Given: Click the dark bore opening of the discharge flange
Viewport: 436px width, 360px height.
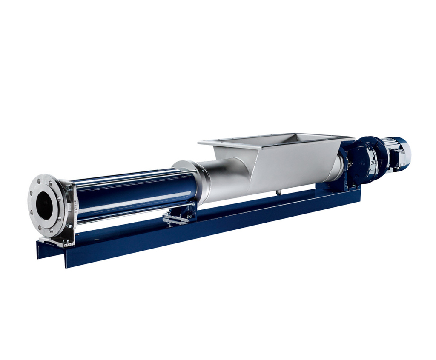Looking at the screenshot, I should click(44, 206).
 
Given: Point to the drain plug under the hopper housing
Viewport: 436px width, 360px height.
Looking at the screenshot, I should click(278, 192).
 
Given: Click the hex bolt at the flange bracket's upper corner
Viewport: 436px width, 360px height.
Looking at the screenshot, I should click(68, 188).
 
